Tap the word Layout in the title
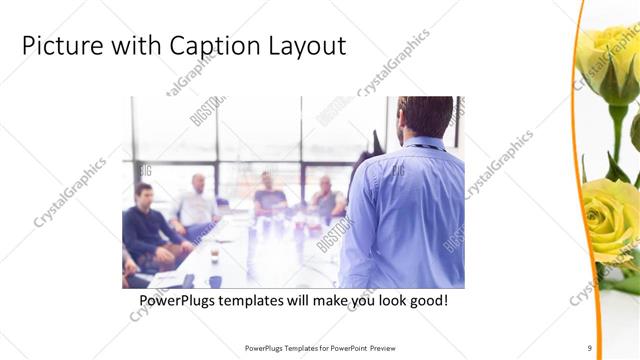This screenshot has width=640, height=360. (x=305, y=46)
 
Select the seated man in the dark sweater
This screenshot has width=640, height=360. (x=146, y=225)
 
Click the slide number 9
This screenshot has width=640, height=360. (x=589, y=348)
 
